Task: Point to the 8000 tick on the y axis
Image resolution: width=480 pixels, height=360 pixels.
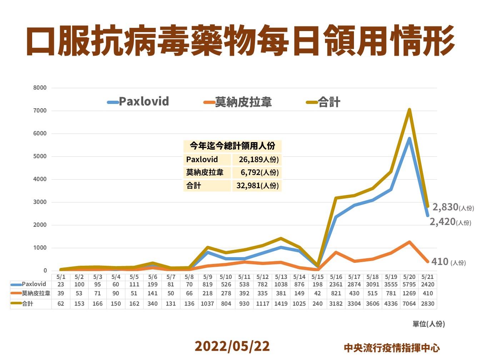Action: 40,88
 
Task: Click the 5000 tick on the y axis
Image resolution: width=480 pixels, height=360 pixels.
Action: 40,156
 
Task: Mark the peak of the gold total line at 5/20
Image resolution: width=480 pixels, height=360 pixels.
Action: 409,110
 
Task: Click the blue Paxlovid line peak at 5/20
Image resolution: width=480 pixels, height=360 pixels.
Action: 409,139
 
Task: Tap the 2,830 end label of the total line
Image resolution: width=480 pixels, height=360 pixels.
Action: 445,207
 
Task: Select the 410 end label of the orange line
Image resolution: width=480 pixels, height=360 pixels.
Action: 440,262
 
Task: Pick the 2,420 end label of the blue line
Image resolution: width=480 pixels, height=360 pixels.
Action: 442,222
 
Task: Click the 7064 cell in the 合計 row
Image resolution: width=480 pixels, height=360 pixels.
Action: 409,304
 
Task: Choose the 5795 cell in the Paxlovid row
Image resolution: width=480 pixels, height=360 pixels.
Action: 409,285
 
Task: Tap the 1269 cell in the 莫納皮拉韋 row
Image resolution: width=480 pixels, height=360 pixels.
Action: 409,294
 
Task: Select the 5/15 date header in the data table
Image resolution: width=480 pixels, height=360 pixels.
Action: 317,277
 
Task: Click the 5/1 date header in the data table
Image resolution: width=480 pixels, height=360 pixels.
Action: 61,277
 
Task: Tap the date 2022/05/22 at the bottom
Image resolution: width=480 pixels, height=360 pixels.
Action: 232,346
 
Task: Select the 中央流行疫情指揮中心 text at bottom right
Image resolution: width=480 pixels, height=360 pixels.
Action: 392,347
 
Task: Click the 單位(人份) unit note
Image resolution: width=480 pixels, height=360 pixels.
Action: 429,324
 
